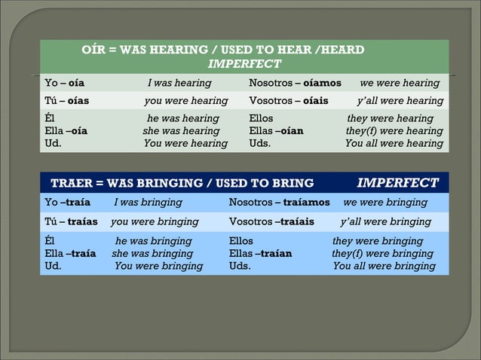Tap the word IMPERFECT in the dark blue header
[x=397, y=182]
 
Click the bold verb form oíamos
[x=322, y=83]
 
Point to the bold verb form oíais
[x=315, y=101]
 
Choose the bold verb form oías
[x=78, y=101]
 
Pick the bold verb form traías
[x=83, y=222]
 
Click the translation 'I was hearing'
[x=179, y=83]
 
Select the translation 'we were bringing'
[x=386, y=203]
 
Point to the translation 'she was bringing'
[x=152, y=254]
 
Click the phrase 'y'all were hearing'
[x=400, y=101]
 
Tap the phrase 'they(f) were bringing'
[x=382, y=254]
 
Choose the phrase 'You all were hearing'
[x=394, y=143]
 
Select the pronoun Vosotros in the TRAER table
[x=251, y=222]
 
